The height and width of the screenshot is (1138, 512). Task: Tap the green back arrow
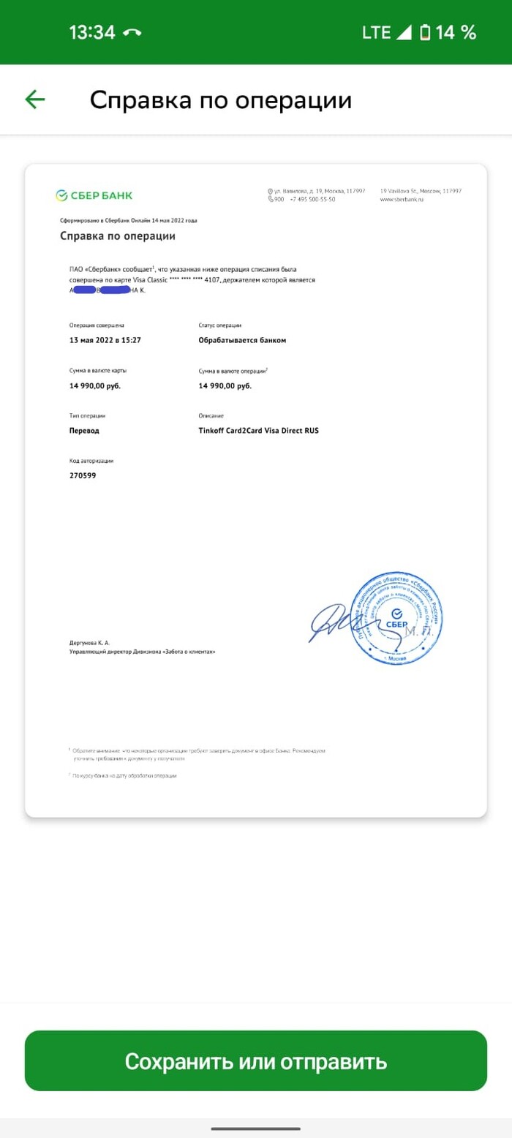pyautogui.click(x=35, y=99)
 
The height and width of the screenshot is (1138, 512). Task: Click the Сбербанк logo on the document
pyautogui.click(x=94, y=195)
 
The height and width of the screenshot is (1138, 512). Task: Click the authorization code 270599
pyautogui.click(x=83, y=475)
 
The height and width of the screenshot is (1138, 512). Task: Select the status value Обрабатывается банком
pyautogui.click(x=242, y=340)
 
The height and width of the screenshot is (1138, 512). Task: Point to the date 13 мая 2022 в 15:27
pyautogui.click(x=105, y=340)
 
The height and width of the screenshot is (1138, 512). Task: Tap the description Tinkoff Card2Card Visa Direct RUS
pyautogui.click(x=258, y=431)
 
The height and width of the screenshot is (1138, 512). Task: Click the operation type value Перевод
pyautogui.click(x=84, y=431)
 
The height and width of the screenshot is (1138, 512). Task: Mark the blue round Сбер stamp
pyautogui.click(x=396, y=618)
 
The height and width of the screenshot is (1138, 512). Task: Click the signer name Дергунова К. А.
pyautogui.click(x=89, y=642)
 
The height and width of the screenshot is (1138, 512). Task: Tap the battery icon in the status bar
pyautogui.click(x=425, y=33)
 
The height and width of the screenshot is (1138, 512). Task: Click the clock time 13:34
pyautogui.click(x=92, y=33)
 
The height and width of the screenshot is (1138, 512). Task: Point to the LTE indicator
pyautogui.click(x=377, y=33)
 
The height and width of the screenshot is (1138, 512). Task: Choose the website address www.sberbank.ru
pyautogui.click(x=402, y=200)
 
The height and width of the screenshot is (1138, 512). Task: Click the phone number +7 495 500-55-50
pyautogui.click(x=312, y=200)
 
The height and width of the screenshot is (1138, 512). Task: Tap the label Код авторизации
pyautogui.click(x=91, y=461)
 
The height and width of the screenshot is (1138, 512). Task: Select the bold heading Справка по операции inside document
pyautogui.click(x=118, y=236)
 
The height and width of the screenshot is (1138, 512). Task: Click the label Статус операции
pyautogui.click(x=220, y=325)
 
